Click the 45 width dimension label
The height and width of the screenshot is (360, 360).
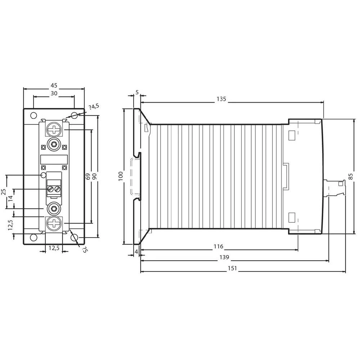[x=54, y=85]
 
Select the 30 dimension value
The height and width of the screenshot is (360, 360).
[x=54, y=93]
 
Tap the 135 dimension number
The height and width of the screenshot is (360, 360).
[x=221, y=99]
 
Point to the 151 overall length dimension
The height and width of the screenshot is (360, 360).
[x=233, y=268]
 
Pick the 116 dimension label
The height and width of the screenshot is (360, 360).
[x=218, y=247]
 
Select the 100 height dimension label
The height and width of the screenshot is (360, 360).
[x=121, y=176]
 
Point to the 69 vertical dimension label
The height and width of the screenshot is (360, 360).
[x=87, y=176]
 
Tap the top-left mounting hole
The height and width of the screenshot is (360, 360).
[x=33, y=116]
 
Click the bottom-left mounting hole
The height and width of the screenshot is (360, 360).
[x=33, y=238]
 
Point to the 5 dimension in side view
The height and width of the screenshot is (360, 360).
[x=137, y=93]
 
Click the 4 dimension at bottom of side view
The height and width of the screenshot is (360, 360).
[x=136, y=251]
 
